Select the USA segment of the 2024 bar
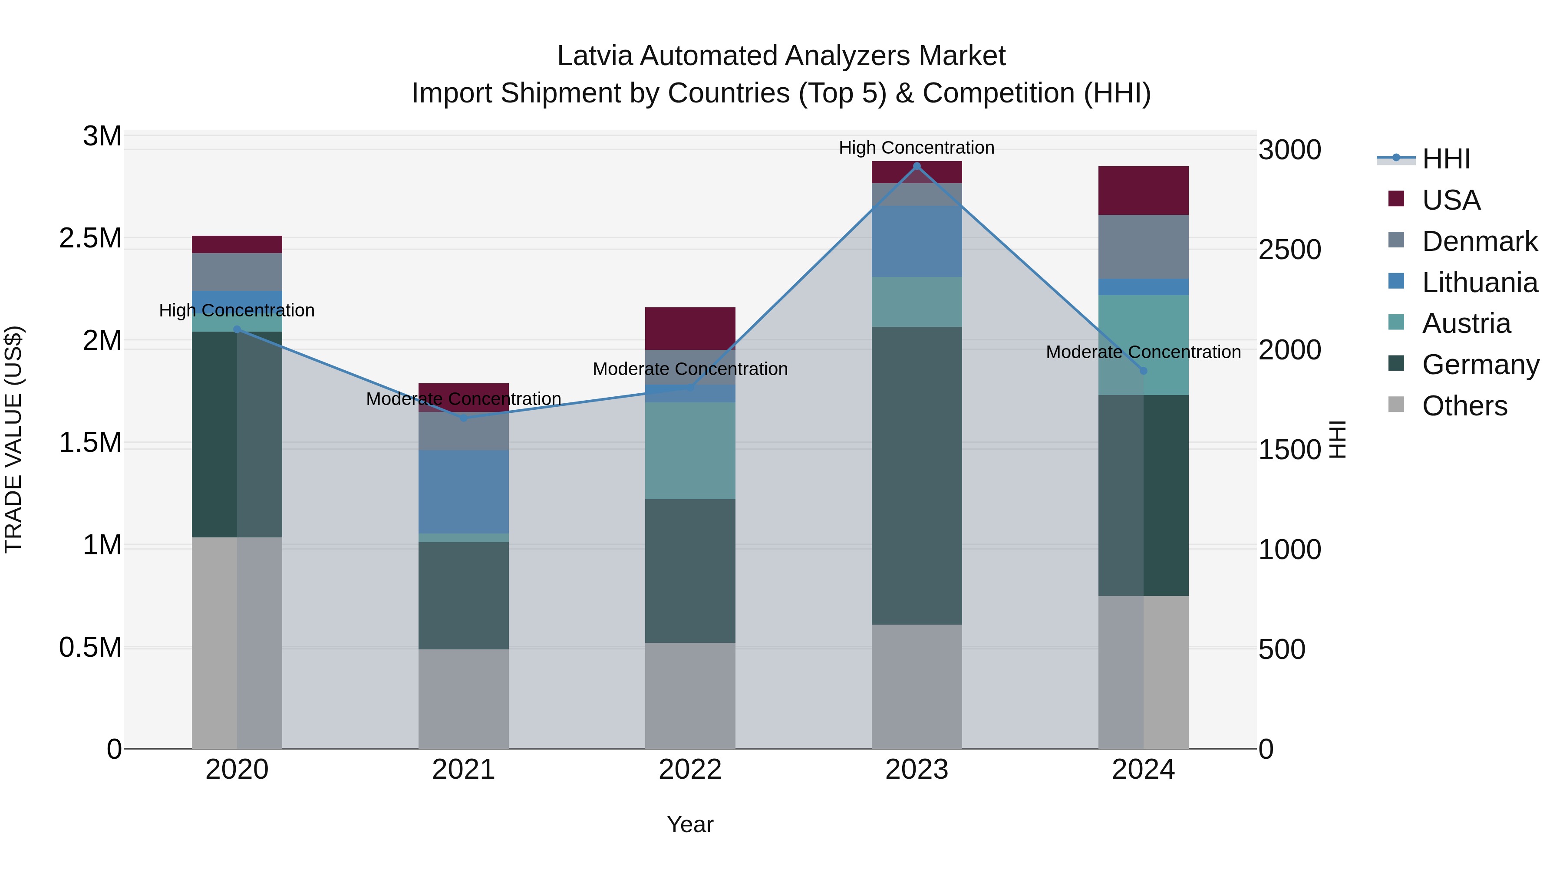coord(1143,191)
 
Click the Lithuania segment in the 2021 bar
coord(464,491)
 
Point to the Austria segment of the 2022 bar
coord(690,450)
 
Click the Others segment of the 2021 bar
coord(464,698)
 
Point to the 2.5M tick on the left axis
coord(90,238)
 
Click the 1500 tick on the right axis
coord(1289,450)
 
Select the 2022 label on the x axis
coord(690,770)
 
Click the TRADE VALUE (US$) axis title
coord(13,439)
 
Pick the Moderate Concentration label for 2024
coord(1143,352)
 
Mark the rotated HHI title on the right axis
coord(1337,439)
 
